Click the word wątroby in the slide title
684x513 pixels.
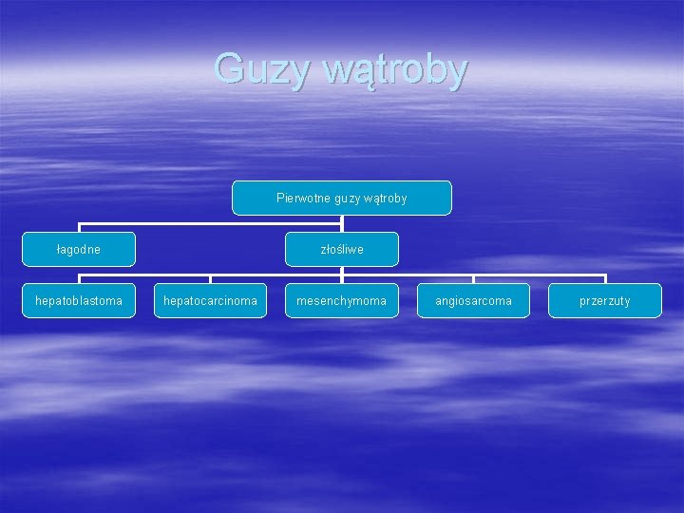click(395, 70)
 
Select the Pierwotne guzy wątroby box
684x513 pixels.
click(342, 198)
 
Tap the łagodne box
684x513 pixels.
click(79, 249)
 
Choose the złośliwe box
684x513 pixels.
click(342, 249)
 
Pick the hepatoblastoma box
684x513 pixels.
click(79, 300)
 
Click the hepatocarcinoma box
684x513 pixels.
click(210, 300)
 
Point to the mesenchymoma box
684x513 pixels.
click(342, 300)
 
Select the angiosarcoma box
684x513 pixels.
click(473, 300)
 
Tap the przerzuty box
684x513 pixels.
click(605, 300)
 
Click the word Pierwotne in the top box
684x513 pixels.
click(301, 198)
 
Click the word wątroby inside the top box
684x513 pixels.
click(385, 199)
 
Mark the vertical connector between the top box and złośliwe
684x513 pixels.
click(342, 223)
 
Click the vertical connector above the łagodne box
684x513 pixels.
click(79, 228)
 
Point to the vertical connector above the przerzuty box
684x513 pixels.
click(605, 279)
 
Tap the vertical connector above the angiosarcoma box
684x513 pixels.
click(473, 279)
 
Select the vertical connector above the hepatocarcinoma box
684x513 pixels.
click(210, 279)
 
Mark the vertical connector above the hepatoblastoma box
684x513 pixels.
click(79, 279)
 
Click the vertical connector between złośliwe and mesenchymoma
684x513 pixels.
click(342, 275)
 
